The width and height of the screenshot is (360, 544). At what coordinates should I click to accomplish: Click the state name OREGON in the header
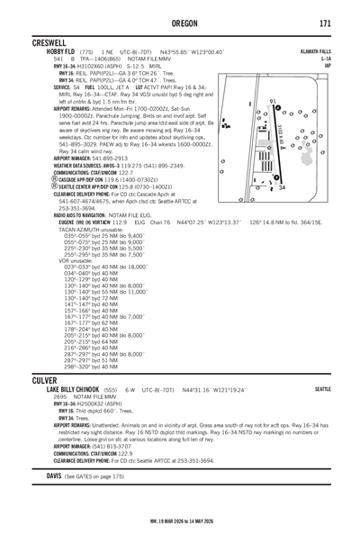179,21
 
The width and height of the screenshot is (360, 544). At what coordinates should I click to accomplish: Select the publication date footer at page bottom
179,531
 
